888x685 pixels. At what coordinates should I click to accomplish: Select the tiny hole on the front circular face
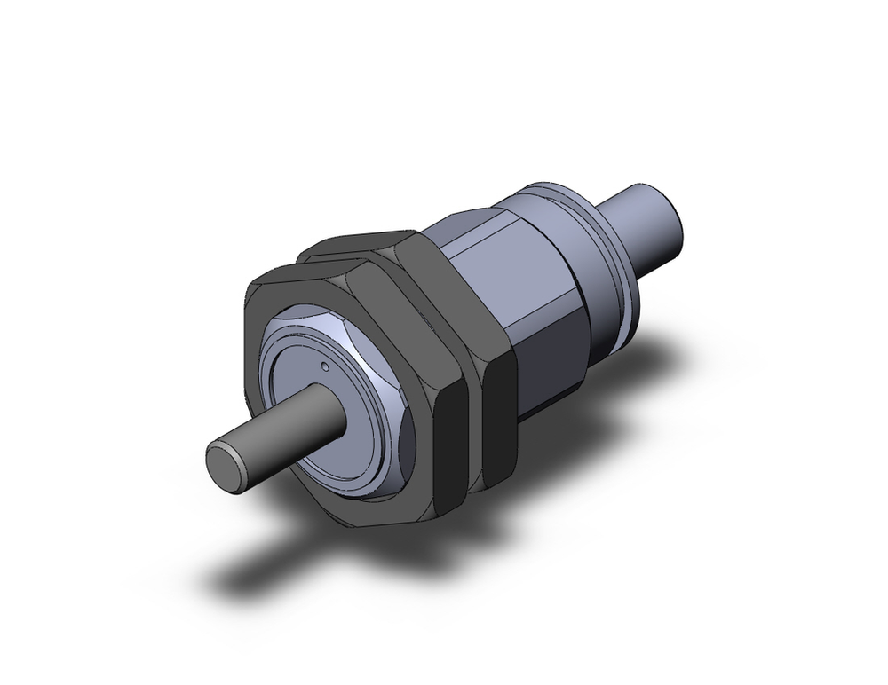(x=325, y=365)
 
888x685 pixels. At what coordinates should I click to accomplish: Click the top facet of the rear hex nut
(x=355, y=244)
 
